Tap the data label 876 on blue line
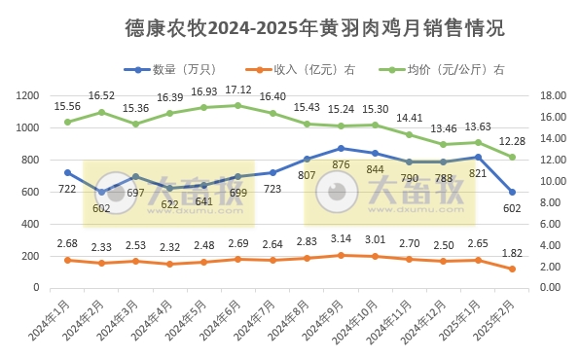point(340,164)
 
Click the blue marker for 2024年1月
point(67,172)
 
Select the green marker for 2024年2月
point(101,112)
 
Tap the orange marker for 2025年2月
point(512,269)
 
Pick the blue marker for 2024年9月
point(340,148)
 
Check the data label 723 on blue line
point(272,188)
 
